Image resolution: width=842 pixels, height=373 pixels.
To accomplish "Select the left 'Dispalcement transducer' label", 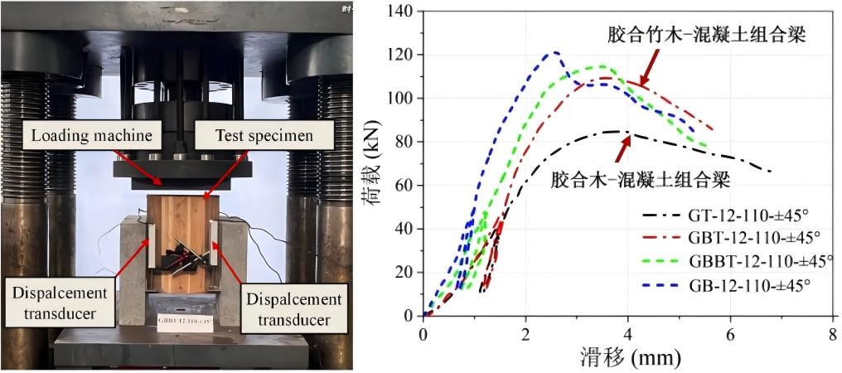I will [x=55, y=303].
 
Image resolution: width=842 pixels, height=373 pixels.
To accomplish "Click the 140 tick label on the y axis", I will [x=400, y=12].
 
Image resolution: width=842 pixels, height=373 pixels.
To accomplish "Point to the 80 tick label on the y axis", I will [x=404, y=142].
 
